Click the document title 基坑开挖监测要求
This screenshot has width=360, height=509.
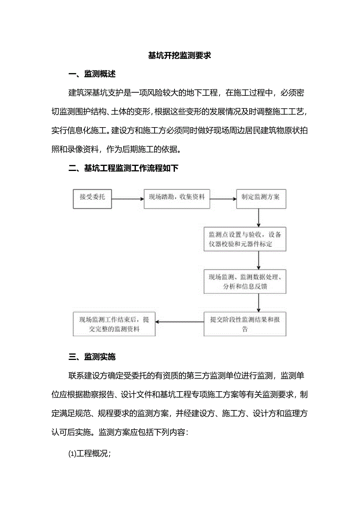[x=180, y=55]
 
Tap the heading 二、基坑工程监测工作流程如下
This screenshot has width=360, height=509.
[x=123, y=168]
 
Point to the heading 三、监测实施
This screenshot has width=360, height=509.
[x=92, y=356]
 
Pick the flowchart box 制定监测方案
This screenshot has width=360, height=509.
[x=260, y=198]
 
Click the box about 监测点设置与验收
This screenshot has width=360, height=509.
[x=245, y=239]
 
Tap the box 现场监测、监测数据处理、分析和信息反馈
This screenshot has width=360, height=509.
[x=245, y=281]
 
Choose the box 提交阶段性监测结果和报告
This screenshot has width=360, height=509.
[x=245, y=324]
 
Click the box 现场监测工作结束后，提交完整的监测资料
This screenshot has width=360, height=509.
[x=114, y=324]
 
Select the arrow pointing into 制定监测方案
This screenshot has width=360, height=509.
[x=223, y=198]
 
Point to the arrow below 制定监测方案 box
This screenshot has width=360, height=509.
[x=259, y=218]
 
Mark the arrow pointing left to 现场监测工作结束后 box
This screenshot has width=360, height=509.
[x=180, y=322]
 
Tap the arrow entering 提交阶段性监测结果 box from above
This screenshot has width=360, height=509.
[x=259, y=302]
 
